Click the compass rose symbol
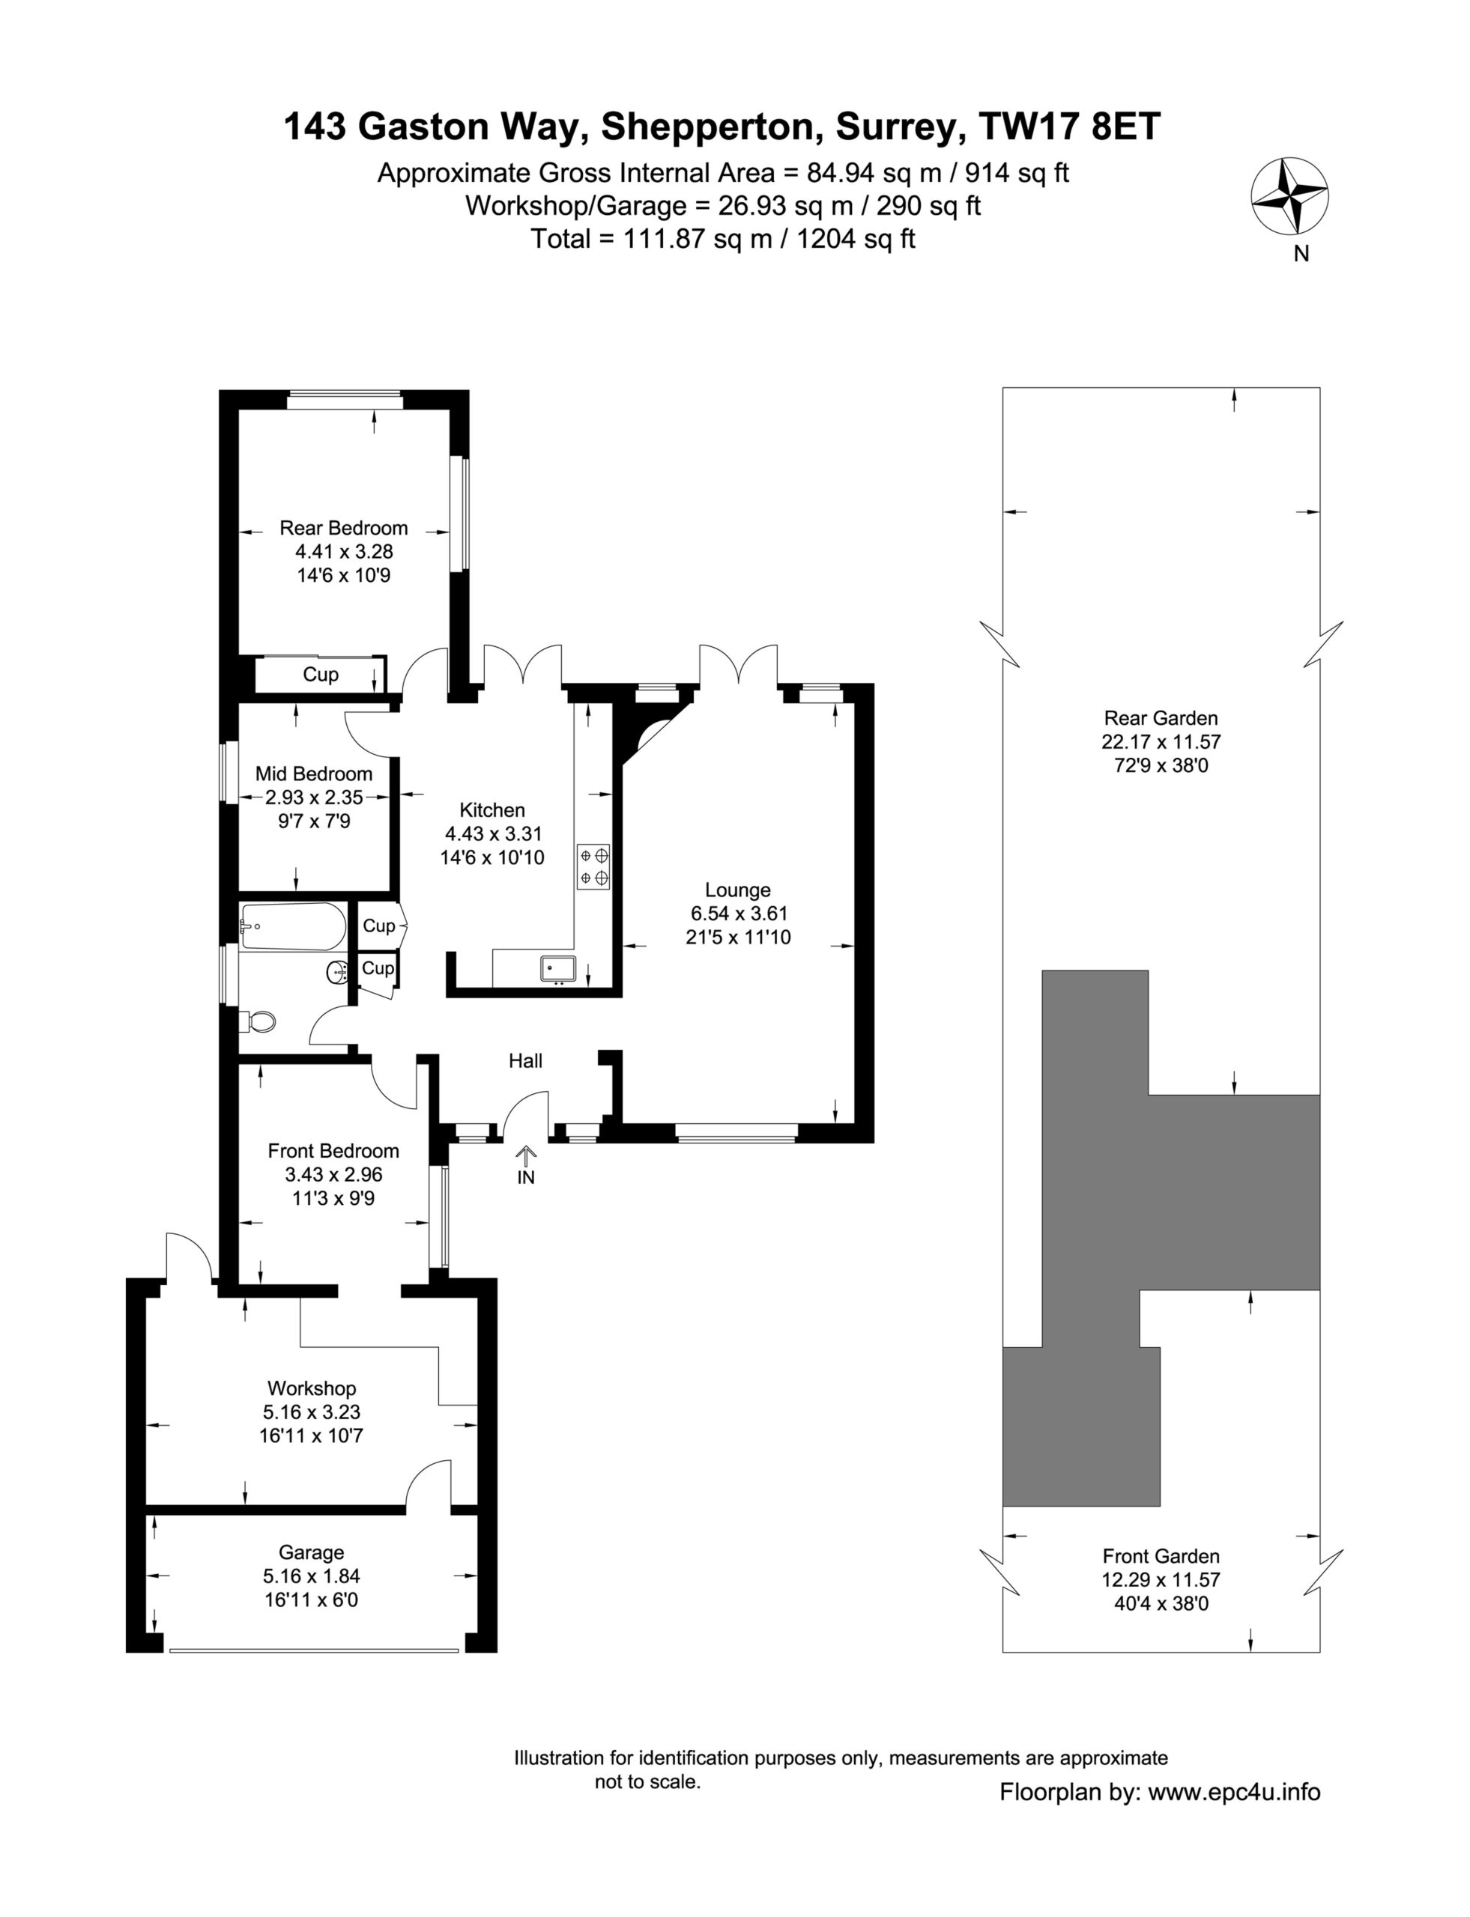[1289, 197]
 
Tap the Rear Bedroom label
[343, 528]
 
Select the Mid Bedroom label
[313, 774]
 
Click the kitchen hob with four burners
[593, 866]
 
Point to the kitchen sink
[557, 968]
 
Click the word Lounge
[738, 890]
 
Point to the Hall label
[526, 1061]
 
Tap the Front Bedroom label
[333, 1151]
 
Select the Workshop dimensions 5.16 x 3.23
[312, 1412]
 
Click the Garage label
[312, 1552]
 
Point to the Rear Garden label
[1161, 718]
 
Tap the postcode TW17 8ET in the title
[1069, 127]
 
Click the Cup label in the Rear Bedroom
[320, 674]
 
